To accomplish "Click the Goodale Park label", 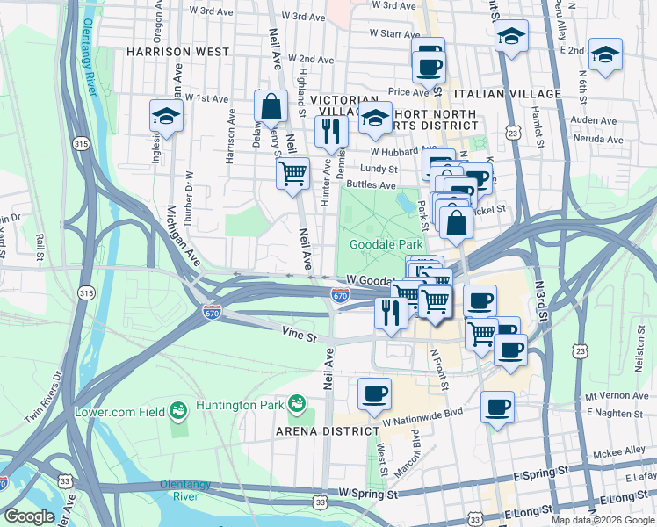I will click(x=386, y=244).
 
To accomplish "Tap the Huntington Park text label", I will click(x=246, y=406).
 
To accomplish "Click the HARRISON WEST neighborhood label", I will click(x=177, y=52).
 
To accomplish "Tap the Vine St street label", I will click(x=298, y=331).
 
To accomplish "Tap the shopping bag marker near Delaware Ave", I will click(x=271, y=106).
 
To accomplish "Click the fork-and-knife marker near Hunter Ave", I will click(x=331, y=131).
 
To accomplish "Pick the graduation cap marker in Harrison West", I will click(x=164, y=115).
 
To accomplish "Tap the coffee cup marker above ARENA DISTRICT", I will click(x=374, y=393).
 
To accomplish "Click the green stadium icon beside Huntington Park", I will click(x=298, y=403).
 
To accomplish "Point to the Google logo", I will click(x=29, y=516).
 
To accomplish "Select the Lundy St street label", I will click(x=380, y=168).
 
